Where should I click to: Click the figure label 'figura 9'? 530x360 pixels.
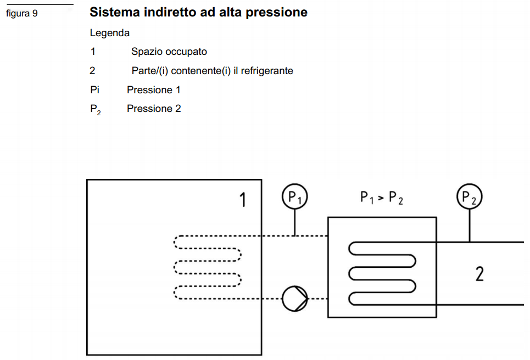click(x=22, y=14)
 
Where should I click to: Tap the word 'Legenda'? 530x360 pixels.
click(x=110, y=33)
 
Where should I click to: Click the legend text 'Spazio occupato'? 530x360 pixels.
click(x=169, y=52)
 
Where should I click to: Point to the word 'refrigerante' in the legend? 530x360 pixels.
click(x=267, y=71)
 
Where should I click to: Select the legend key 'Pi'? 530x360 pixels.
click(x=94, y=90)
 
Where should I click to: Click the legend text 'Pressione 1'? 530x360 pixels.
click(x=154, y=90)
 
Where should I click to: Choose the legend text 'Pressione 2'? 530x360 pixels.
click(x=154, y=109)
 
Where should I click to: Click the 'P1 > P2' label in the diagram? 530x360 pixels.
click(x=382, y=198)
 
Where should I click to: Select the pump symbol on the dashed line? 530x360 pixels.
click(x=294, y=299)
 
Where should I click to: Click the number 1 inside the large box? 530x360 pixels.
click(x=242, y=201)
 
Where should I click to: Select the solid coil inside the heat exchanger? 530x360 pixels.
click(x=382, y=273)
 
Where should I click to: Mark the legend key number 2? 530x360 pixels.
click(x=92, y=71)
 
